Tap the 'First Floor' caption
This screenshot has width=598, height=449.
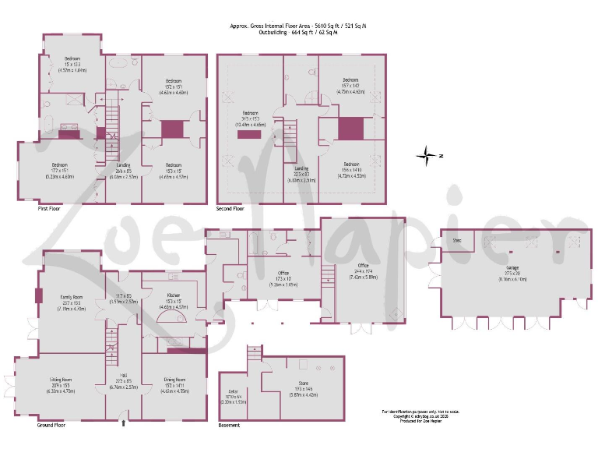[50, 209]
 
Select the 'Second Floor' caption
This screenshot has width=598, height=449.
[230, 209]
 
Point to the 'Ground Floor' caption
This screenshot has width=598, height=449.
[51, 425]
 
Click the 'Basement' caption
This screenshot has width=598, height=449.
[229, 425]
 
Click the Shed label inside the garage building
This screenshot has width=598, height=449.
[457, 240]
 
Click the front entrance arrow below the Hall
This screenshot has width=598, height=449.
[123, 423]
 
